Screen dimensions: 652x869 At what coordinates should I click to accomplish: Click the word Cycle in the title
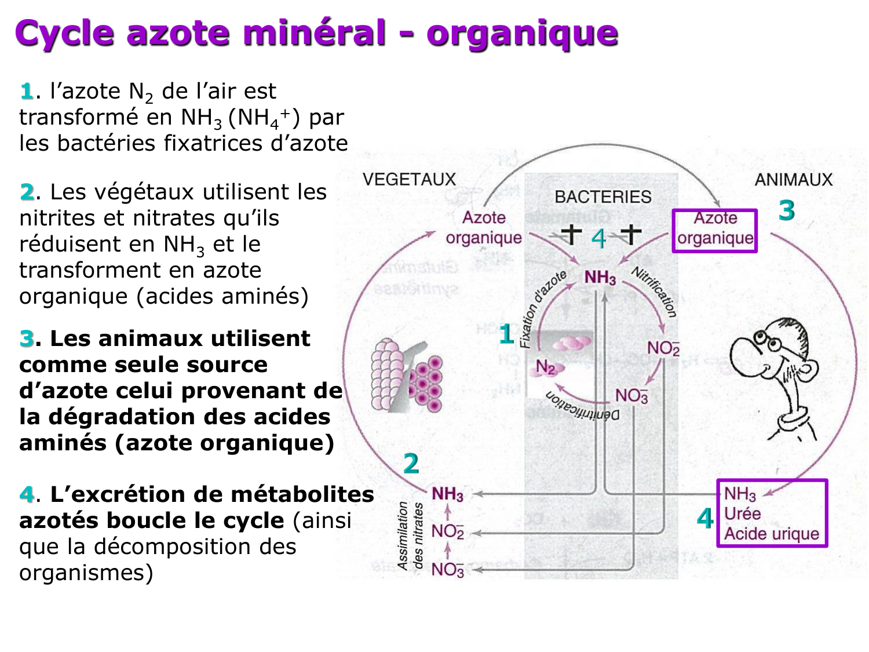pos(64,33)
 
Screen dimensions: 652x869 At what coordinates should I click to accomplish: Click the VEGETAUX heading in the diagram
pos(409,179)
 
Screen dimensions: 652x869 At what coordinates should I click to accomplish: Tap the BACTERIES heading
pos(603,197)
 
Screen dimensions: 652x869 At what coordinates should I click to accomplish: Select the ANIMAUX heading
pos(793,180)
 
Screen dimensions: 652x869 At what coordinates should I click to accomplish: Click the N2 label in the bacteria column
pos(545,367)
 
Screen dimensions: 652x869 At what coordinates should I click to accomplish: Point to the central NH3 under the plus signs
pos(600,278)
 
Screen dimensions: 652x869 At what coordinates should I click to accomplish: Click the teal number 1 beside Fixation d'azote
pos(506,334)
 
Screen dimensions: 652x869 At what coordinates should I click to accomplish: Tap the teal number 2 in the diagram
pos(411,464)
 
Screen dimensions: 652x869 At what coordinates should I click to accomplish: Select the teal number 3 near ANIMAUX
pos(786,210)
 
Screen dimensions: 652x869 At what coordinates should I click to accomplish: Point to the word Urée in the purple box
pos(742,513)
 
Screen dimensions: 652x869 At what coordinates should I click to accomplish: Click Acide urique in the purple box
pos(772,534)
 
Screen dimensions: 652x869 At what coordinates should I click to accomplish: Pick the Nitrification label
pos(655,292)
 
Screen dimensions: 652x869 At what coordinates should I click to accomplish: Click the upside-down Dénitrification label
pos(582,406)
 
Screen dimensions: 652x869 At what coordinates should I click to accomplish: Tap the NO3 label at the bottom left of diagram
pos(448,570)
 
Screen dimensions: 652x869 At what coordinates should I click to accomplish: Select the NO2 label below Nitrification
pos(663,348)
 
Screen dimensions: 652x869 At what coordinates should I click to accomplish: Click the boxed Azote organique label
pos(715,228)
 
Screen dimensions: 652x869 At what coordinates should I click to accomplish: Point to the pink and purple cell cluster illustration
pos(406,376)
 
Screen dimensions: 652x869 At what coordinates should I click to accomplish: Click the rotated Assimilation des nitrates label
pos(410,536)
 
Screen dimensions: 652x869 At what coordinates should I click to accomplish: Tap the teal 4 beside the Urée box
pos(705,519)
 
